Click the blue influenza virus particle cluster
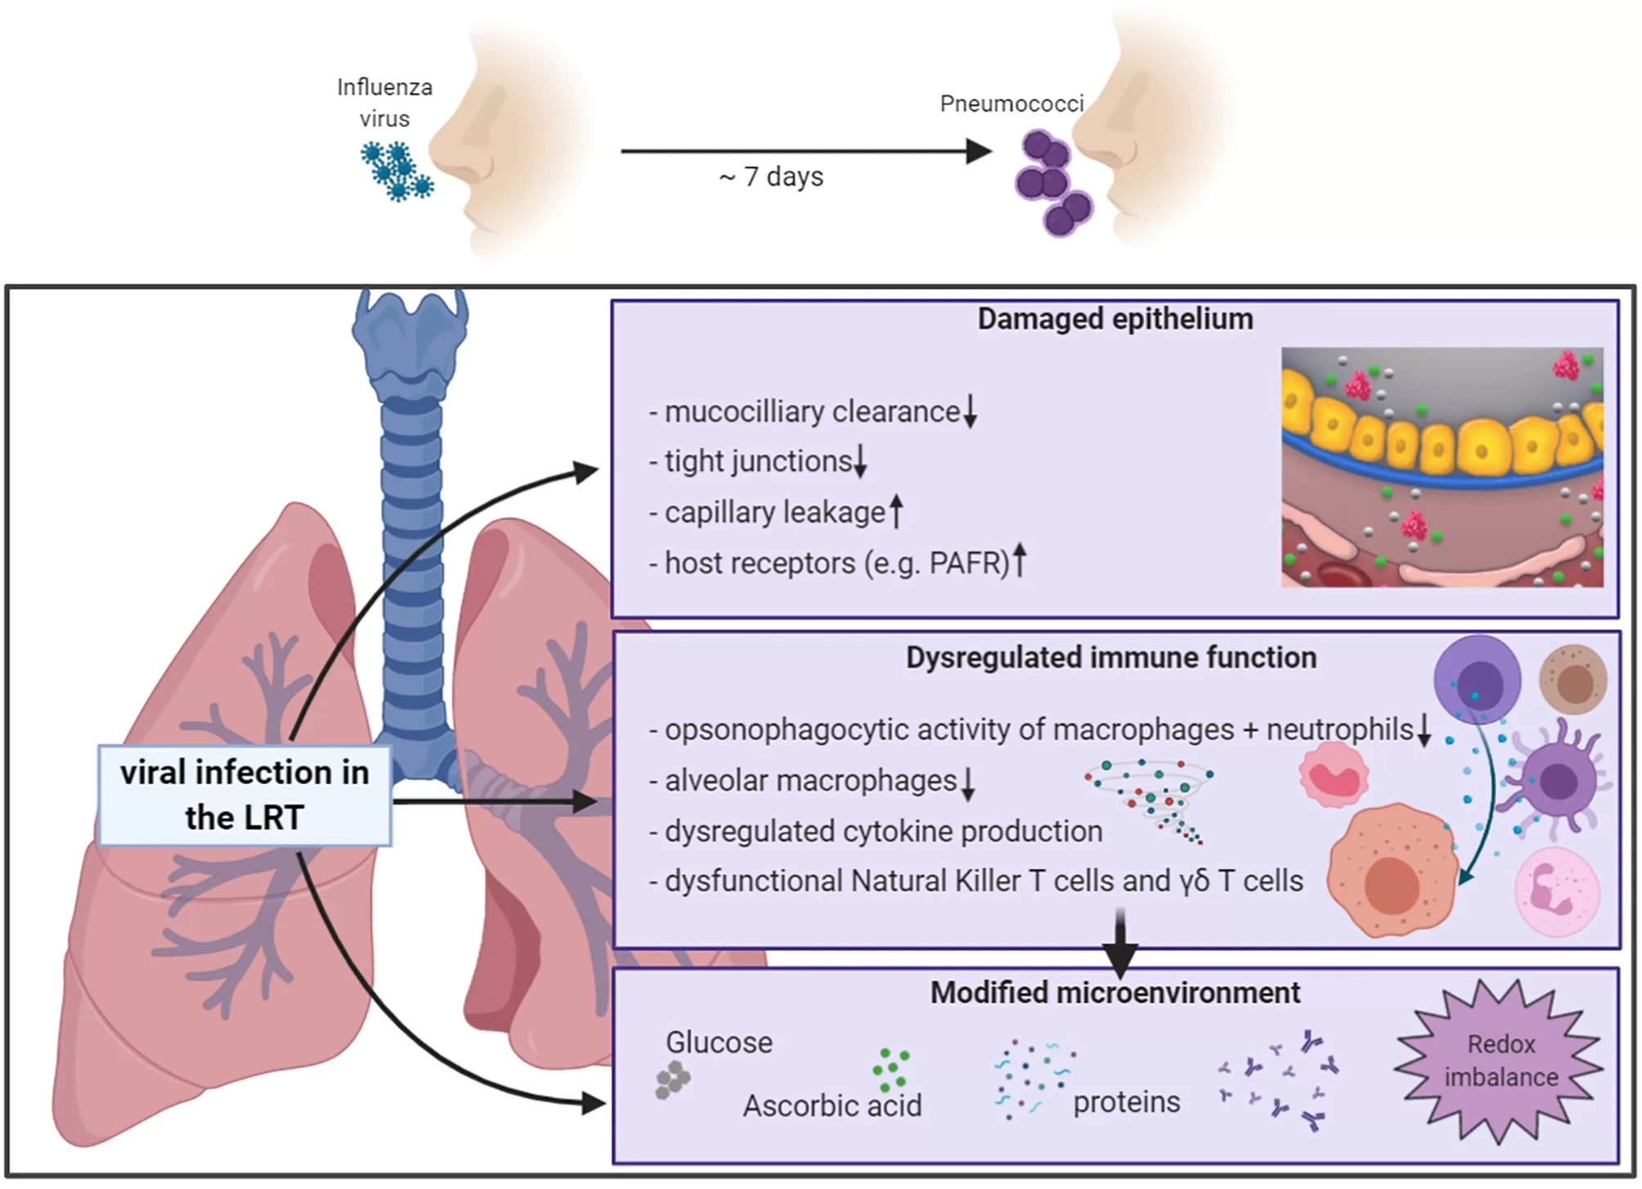pyautogui.click(x=397, y=171)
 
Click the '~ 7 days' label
pyautogui.click(x=771, y=177)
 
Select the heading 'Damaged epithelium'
pyautogui.click(x=1115, y=319)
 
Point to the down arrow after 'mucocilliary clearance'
pyautogui.click(x=970, y=411)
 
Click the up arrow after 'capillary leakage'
pyautogui.click(x=896, y=512)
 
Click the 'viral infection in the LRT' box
pyautogui.click(x=245, y=794)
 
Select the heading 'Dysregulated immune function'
pyautogui.click(x=1110, y=657)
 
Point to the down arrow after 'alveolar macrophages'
pyautogui.click(x=968, y=783)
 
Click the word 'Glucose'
pyautogui.click(x=719, y=1043)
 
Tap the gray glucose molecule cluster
pyautogui.click(x=673, y=1079)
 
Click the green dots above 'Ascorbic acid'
pyautogui.click(x=891, y=1070)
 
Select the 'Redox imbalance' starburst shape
pyautogui.click(x=1501, y=1061)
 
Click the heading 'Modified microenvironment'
pyautogui.click(x=1115, y=993)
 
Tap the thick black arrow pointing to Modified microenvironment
pyautogui.click(x=1120, y=940)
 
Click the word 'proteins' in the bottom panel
pyautogui.click(x=1126, y=1102)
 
